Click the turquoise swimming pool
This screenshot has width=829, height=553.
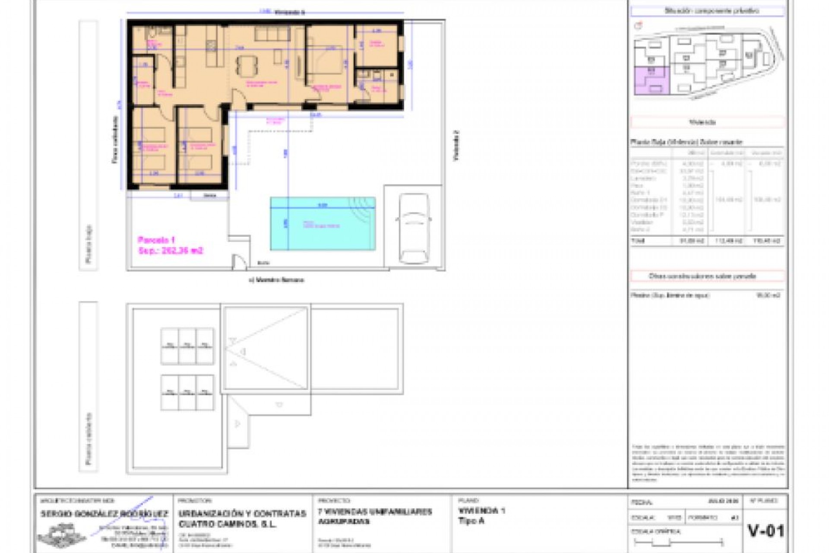[x=323, y=224]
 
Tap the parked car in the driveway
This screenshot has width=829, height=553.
[x=413, y=228]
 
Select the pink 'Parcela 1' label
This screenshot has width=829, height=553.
[x=156, y=240]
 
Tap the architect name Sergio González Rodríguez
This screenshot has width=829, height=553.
[x=104, y=514]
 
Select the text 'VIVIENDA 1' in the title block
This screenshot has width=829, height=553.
[x=481, y=511]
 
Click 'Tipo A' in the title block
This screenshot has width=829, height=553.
[x=471, y=521]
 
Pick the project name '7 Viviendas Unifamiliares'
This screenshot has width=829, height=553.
[x=375, y=512]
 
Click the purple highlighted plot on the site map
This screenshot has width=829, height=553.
[x=651, y=81]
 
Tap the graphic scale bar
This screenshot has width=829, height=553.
[x=678, y=542]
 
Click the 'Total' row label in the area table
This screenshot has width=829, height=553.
[x=638, y=241]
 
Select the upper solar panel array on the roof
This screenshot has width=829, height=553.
[x=187, y=346]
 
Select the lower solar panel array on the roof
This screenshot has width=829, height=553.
[x=187, y=392]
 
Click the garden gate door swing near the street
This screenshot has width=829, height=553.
[x=239, y=261]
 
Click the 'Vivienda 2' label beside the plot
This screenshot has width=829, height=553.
[x=456, y=146]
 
